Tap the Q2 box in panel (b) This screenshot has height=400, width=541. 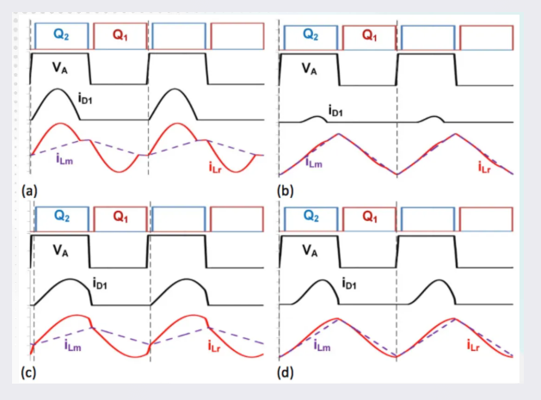(310, 35)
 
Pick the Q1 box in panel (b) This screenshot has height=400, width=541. (369, 35)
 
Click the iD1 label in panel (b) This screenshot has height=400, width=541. (336, 110)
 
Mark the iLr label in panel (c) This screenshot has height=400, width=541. (216, 346)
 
